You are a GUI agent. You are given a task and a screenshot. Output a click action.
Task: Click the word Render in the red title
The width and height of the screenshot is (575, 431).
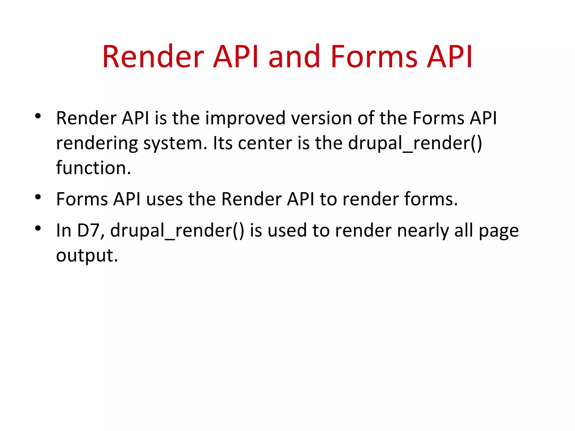pos(153,57)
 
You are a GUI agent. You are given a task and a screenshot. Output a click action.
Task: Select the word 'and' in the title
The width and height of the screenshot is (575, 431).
pos(294,57)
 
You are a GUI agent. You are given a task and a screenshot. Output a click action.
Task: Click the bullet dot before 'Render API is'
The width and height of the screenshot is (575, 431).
pos(38,116)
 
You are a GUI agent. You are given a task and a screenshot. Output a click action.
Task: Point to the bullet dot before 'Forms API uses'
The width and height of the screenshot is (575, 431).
pos(38,197)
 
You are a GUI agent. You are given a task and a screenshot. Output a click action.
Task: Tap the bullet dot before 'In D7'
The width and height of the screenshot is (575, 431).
pos(38,228)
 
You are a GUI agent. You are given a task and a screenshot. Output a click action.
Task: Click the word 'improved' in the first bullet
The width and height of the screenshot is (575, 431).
pos(245,118)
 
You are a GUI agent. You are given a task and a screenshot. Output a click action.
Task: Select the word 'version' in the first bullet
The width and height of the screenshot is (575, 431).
pos(321,118)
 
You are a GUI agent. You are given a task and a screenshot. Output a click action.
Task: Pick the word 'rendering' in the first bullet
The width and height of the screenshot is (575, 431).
pos(97,144)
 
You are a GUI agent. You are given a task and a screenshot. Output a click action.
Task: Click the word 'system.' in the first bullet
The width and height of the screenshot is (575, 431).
pos(175,144)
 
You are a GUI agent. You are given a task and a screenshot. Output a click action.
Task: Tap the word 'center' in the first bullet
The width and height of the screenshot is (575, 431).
pos(265,144)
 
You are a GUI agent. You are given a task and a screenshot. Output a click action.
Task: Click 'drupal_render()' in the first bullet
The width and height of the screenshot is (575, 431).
pos(415,144)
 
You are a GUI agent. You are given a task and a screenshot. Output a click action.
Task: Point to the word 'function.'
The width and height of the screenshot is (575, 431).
pos(93,168)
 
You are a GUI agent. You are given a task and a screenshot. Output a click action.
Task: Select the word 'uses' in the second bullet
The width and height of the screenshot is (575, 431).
pos(165,200)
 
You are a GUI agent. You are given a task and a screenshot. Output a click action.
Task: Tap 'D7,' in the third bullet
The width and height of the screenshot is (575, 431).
pos(91,231)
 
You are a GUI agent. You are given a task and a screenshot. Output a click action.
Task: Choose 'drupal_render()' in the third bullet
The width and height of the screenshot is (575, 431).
pos(177,231)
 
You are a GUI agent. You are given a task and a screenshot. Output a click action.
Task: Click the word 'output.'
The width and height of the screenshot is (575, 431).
pos(87,256)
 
